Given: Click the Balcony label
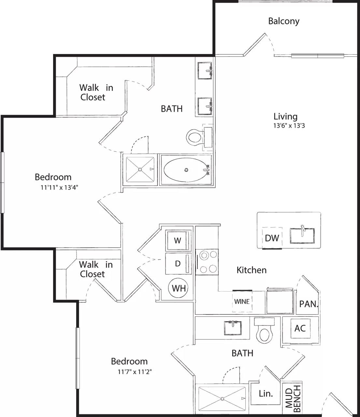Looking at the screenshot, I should tap(283, 21).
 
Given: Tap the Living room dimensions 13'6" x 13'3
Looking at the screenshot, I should tap(289, 126).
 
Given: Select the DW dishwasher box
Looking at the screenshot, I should tap(272, 238).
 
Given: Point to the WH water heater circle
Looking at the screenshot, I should tap(179, 288).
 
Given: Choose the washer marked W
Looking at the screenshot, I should tap(177, 241).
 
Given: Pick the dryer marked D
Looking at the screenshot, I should tap(178, 264).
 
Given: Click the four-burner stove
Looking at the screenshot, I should tap(207, 262).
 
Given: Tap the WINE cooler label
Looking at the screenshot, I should tap(242, 301).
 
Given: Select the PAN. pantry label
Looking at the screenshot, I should tap(308, 304).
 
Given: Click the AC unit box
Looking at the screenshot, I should tap(300, 328).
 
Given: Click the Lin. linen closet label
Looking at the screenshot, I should tap(266, 394).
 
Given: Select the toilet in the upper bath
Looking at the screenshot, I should tap(195, 137).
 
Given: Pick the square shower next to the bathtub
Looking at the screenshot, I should tap(140, 169).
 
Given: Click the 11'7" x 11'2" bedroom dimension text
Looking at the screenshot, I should tap(135, 371).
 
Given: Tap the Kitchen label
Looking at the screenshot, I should tap(252, 270).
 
